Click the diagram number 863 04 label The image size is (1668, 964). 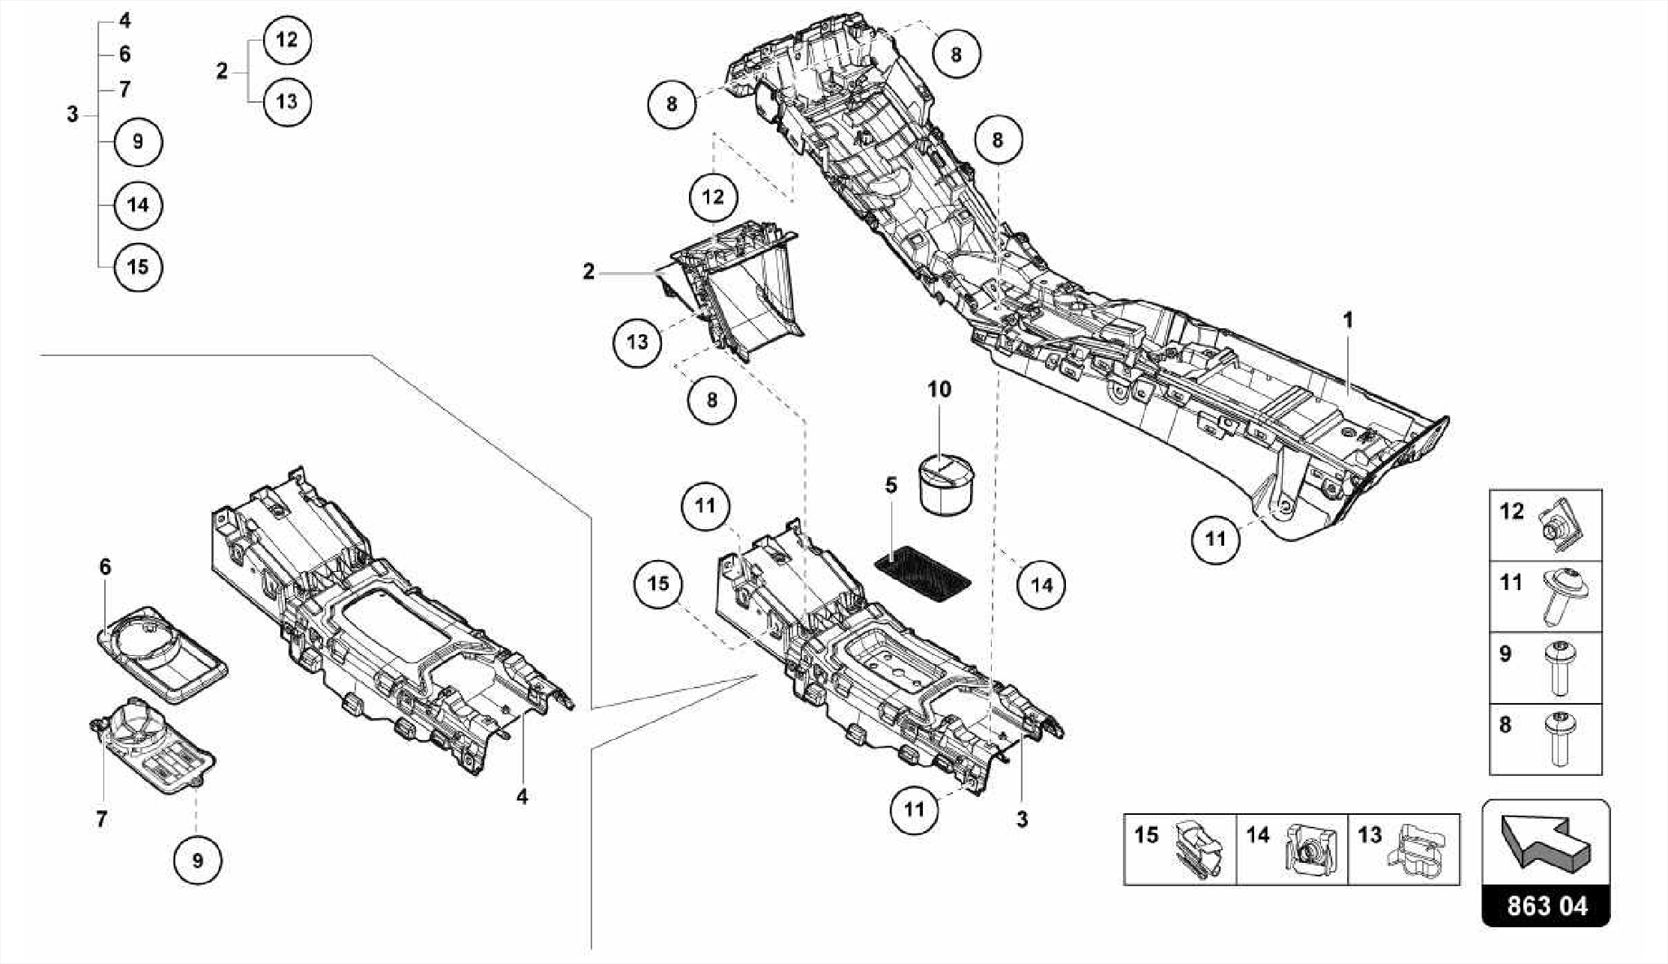[x=1546, y=905]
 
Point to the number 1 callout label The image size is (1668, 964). [x=1348, y=320]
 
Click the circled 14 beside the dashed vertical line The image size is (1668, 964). [x=1042, y=584]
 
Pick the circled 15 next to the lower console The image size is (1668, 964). [x=658, y=583]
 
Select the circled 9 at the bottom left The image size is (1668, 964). [x=197, y=860]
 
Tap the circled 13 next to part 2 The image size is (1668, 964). [x=637, y=341]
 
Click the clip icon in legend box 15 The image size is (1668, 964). [x=1196, y=850]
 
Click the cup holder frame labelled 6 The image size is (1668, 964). [x=167, y=653]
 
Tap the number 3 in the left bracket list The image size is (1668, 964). [x=72, y=115]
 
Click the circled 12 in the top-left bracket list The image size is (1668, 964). [x=287, y=40]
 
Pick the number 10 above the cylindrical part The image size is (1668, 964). [x=939, y=390]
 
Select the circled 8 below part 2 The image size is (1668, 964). [x=712, y=400]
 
